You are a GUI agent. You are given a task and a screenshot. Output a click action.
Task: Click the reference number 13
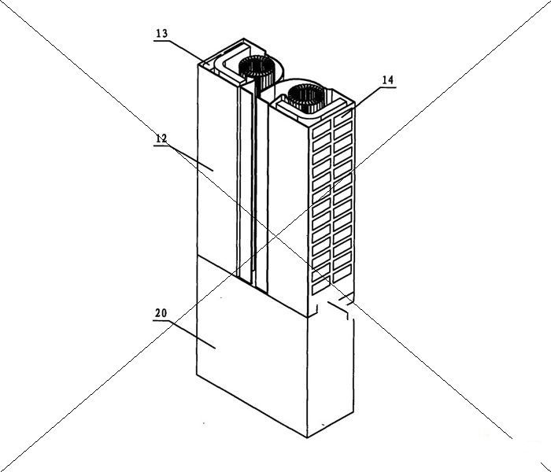[x=162, y=34]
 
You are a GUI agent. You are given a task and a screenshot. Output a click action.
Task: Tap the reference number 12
[x=161, y=139]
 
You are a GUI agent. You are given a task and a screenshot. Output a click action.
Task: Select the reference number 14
[x=388, y=80]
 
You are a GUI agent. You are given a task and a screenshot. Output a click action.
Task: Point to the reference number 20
[x=161, y=313]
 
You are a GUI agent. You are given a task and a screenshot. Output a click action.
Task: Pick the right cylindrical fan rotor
[x=306, y=99]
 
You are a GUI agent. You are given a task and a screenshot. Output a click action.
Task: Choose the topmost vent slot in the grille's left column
[x=321, y=131]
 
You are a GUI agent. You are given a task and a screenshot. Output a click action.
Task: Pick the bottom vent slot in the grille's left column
[x=321, y=287]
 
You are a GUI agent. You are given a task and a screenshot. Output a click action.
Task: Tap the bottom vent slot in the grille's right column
[x=342, y=274]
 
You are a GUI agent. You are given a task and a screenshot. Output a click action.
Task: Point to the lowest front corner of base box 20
[x=307, y=437]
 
